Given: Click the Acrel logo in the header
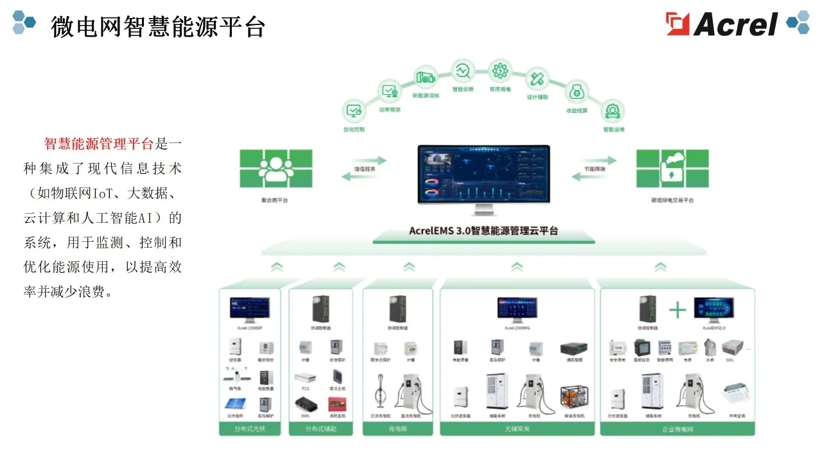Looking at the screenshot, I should (x=722, y=24).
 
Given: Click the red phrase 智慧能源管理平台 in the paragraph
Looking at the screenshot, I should (x=98, y=143).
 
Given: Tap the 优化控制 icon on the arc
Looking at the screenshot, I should (x=354, y=110).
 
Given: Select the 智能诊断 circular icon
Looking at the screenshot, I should (x=462, y=70).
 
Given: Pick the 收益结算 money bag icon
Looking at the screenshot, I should (x=576, y=92).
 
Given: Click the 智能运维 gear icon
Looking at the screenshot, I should (x=613, y=110).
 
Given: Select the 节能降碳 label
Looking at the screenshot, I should (x=594, y=169).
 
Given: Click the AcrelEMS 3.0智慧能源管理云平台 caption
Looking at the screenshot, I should (x=484, y=231).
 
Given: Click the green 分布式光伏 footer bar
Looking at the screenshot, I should (x=250, y=429).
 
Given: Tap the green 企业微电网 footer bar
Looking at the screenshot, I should (x=677, y=429).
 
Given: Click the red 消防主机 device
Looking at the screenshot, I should (x=337, y=404).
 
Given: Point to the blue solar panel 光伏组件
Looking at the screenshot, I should (x=234, y=404).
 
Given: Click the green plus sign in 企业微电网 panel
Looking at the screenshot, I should (x=678, y=311).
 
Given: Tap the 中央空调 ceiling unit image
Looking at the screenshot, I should (x=736, y=390).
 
